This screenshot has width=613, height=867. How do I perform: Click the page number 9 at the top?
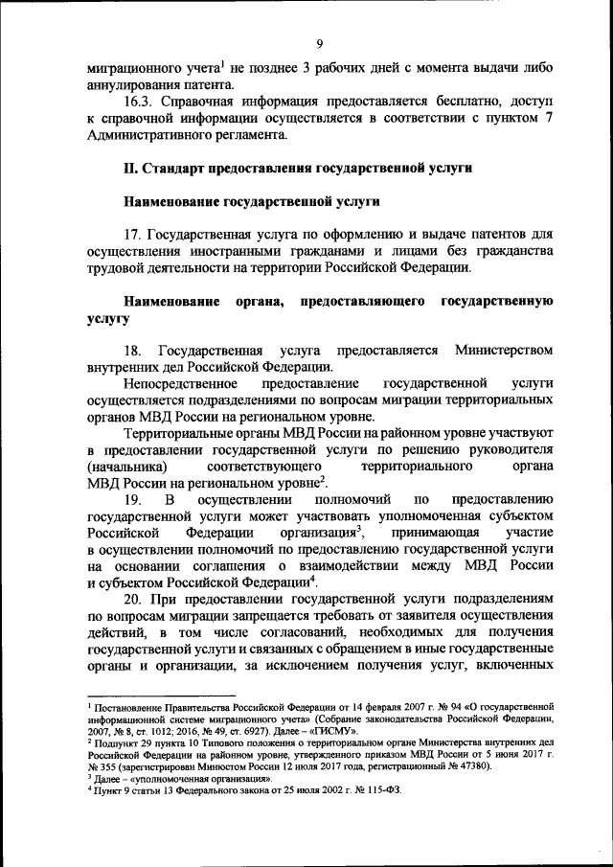(320, 42)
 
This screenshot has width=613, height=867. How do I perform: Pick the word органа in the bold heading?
(260, 302)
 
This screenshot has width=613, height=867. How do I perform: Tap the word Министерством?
(504, 350)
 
